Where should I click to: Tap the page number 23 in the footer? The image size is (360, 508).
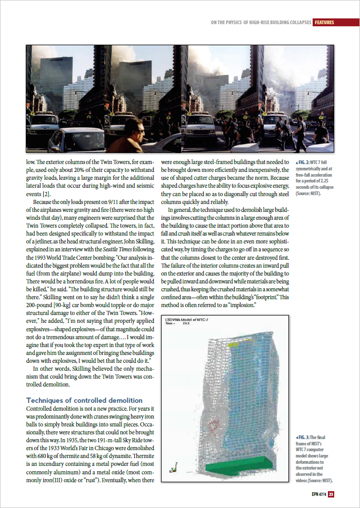click(331, 494)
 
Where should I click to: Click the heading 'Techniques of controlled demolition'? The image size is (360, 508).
click(84, 400)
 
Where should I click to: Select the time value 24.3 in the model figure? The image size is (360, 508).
click(185, 324)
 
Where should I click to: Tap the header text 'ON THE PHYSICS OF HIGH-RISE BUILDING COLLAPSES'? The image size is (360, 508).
click(260, 23)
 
